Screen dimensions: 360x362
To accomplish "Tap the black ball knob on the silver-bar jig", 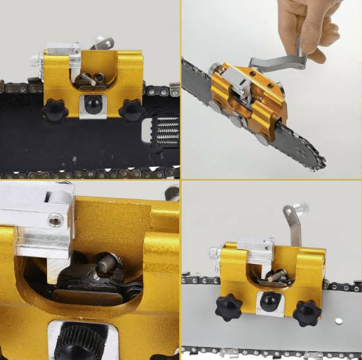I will click(269, 302).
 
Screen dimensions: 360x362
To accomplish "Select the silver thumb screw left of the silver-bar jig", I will click(213, 253).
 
